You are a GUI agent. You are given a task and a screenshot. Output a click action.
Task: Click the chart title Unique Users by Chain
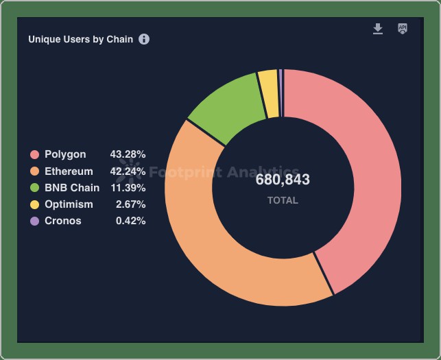(x=80, y=39)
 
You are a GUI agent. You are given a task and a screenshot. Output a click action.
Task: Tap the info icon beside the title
(x=144, y=39)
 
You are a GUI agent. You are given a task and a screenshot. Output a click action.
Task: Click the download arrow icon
(x=377, y=29)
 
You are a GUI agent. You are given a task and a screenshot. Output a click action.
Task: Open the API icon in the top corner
(x=403, y=29)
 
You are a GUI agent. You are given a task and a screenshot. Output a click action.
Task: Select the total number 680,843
(x=283, y=180)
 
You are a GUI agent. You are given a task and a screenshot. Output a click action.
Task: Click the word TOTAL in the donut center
(x=283, y=200)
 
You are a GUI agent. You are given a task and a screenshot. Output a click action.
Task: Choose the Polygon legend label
(x=65, y=154)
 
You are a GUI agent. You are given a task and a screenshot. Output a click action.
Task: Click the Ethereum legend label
(x=69, y=171)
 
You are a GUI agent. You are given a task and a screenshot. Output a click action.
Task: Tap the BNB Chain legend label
(x=72, y=187)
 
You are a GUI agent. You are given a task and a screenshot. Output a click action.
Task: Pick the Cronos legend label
(x=63, y=221)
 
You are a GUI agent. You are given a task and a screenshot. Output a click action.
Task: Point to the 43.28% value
(x=128, y=154)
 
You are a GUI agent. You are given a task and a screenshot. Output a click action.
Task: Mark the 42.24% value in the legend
(x=128, y=171)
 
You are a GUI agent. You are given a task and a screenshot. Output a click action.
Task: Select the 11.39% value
(x=128, y=187)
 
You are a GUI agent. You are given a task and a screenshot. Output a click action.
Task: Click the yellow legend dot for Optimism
(x=34, y=204)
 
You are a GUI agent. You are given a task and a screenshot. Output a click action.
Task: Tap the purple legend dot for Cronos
(x=34, y=221)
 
